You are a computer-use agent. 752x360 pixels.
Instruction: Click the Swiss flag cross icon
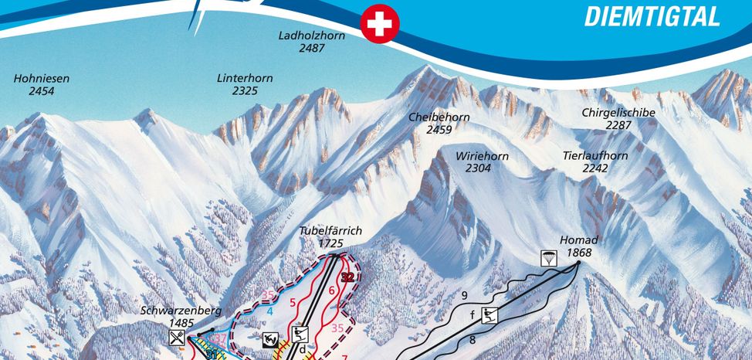(x=378, y=24)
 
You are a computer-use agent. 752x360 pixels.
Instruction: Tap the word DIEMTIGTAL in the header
(x=652, y=16)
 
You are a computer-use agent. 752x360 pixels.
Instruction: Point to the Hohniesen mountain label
(x=41, y=84)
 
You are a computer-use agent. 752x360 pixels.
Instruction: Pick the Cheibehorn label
(x=439, y=123)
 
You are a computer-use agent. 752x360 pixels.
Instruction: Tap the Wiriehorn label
(x=482, y=161)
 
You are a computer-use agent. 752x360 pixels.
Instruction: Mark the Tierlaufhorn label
(x=595, y=161)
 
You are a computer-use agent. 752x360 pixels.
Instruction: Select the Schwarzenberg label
(x=181, y=316)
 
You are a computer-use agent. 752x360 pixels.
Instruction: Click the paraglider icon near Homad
(x=548, y=258)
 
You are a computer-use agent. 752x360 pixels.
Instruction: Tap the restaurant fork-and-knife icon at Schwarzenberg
(x=178, y=337)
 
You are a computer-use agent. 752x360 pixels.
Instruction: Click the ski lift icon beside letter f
(x=489, y=314)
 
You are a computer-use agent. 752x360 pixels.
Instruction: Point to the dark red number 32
(x=347, y=277)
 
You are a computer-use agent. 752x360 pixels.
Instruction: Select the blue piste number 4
(x=270, y=311)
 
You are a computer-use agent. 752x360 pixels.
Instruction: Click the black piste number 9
(x=464, y=295)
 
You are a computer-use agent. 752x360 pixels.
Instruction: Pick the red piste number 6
(x=331, y=290)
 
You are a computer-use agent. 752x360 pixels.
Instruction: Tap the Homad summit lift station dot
(x=578, y=263)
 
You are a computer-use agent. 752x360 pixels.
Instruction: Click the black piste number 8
(x=471, y=338)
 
